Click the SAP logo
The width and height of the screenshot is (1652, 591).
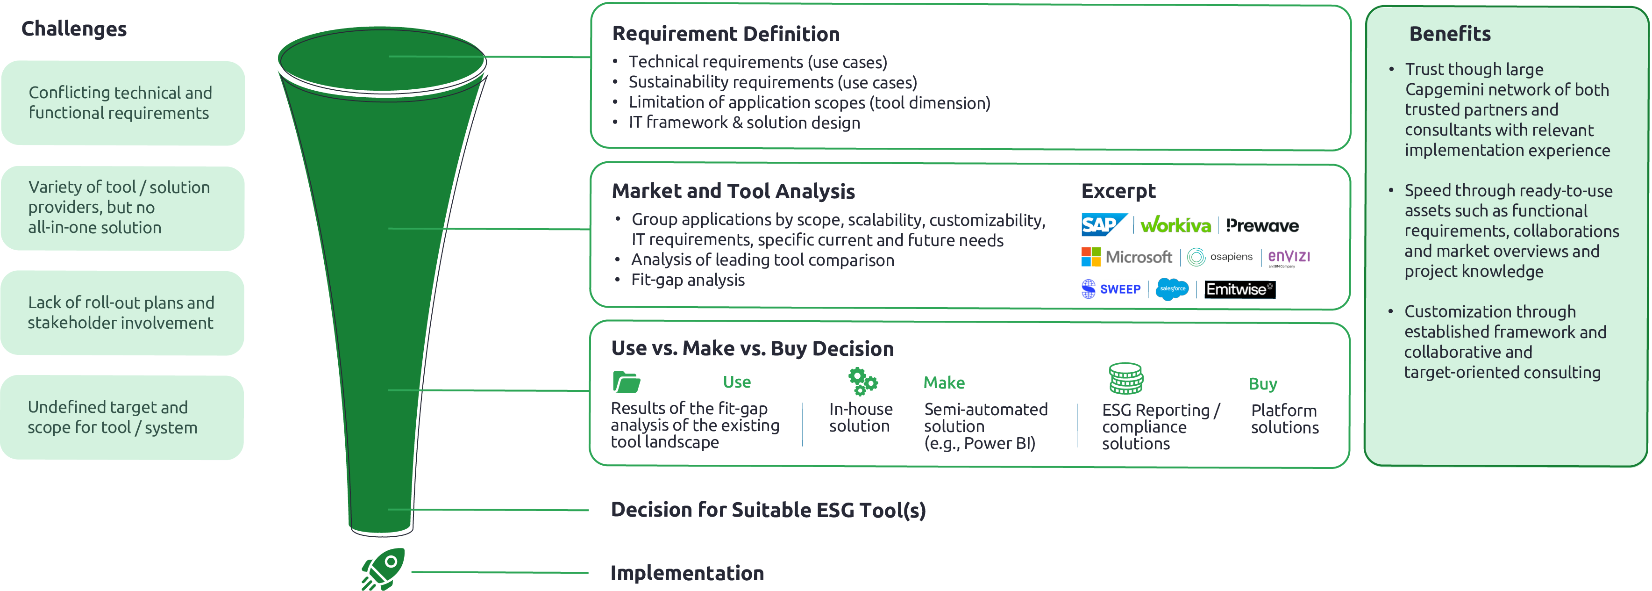click(1103, 224)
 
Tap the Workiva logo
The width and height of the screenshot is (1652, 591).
click(1175, 224)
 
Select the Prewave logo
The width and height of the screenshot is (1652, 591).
click(1261, 225)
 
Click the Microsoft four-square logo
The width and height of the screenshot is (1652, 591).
click(1090, 257)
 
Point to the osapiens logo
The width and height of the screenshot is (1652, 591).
click(1220, 257)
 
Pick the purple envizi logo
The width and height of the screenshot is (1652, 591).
click(1289, 257)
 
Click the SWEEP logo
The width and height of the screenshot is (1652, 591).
click(1111, 289)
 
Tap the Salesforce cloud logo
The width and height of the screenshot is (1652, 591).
click(1172, 289)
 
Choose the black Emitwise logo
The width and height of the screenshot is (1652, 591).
click(1239, 289)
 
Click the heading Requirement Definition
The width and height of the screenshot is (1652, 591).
click(725, 33)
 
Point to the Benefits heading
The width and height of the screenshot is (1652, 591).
click(1449, 33)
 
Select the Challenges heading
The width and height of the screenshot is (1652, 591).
click(74, 29)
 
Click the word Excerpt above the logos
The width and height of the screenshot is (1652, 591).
click(1118, 191)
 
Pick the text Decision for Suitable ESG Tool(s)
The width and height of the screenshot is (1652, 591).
click(768, 510)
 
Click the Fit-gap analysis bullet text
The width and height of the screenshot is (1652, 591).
click(688, 280)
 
